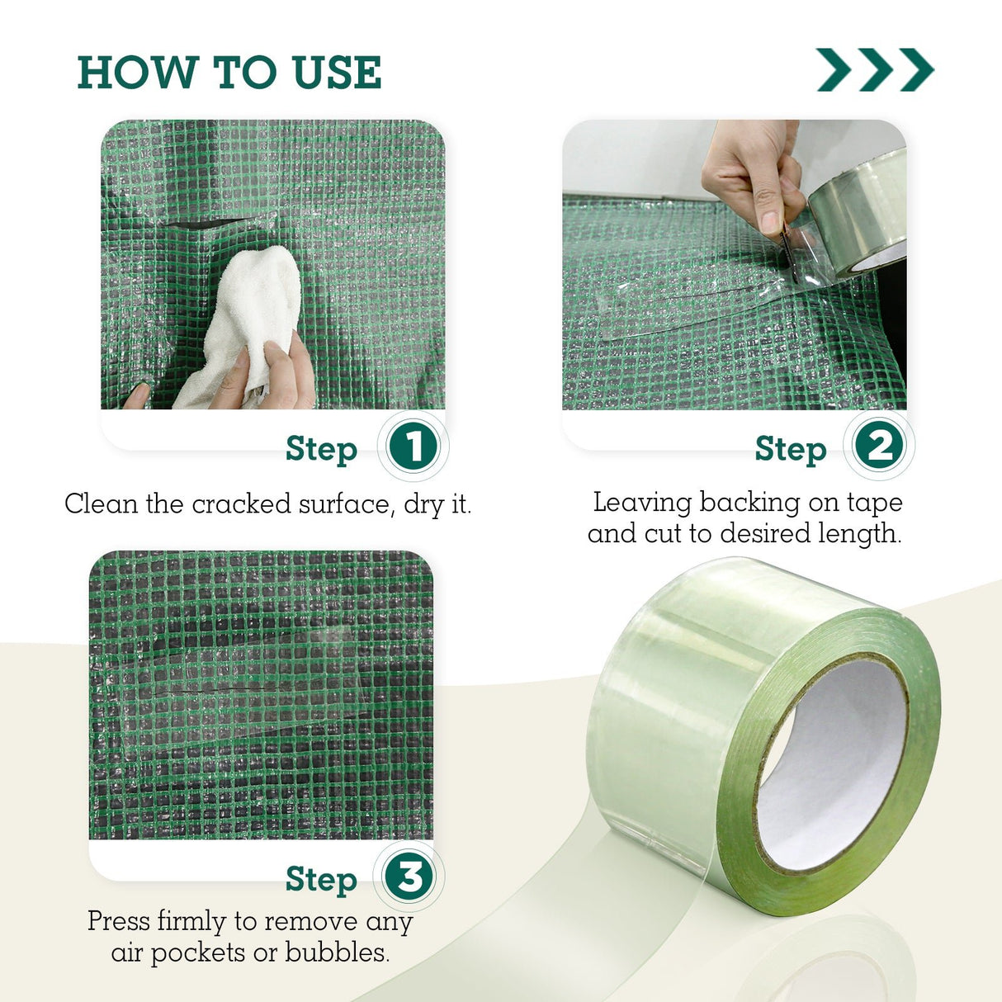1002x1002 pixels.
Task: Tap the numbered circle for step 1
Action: (x=413, y=447)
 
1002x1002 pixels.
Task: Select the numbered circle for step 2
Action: (x=879, y=447)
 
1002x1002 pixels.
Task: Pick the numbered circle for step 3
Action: (x=409, y=877)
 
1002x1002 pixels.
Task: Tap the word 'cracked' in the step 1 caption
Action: (x=241, y=503)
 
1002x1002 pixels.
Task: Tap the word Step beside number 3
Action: (x=321, y=880)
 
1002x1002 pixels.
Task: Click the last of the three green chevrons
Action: (x=917, y=69)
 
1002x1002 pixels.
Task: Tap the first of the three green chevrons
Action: (x=834, y=69)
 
